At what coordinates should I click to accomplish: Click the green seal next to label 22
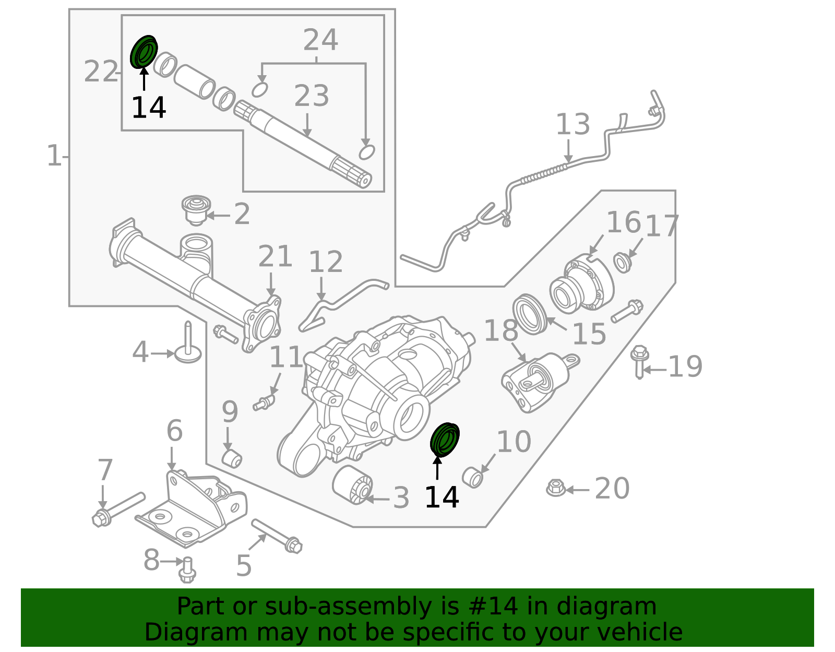144,52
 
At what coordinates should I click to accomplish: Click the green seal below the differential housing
445,440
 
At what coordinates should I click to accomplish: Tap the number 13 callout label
572,125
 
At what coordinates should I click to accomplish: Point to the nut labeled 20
556,488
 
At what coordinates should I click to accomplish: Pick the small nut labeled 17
622,262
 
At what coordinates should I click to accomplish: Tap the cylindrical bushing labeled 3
353,485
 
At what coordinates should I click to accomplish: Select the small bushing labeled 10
473,477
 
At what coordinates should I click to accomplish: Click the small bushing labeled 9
232,458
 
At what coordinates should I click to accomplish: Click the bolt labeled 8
187,570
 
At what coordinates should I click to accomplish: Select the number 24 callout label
320,40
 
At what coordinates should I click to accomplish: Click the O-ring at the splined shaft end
367,152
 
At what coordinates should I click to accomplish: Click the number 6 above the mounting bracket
174,431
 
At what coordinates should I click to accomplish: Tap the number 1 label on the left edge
54,156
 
